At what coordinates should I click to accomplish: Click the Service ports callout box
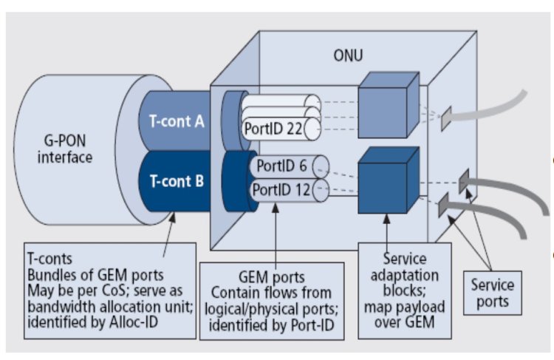click(x=493, y=291)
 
